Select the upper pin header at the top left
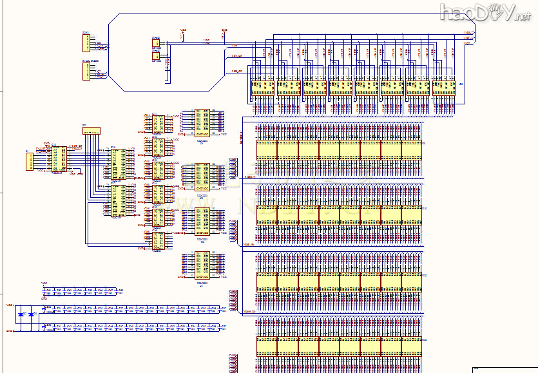[87, 42]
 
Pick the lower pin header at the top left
[87, 71]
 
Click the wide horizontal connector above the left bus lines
[91, 131]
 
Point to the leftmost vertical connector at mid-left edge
[29, 161]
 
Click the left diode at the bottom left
[23, 314]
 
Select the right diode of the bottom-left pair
[32, 314]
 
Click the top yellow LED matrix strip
[339, 149]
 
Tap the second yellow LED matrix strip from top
[339, 215]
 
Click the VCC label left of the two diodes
[10, 304]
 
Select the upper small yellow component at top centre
[156, 44]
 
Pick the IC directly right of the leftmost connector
[59, 160]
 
